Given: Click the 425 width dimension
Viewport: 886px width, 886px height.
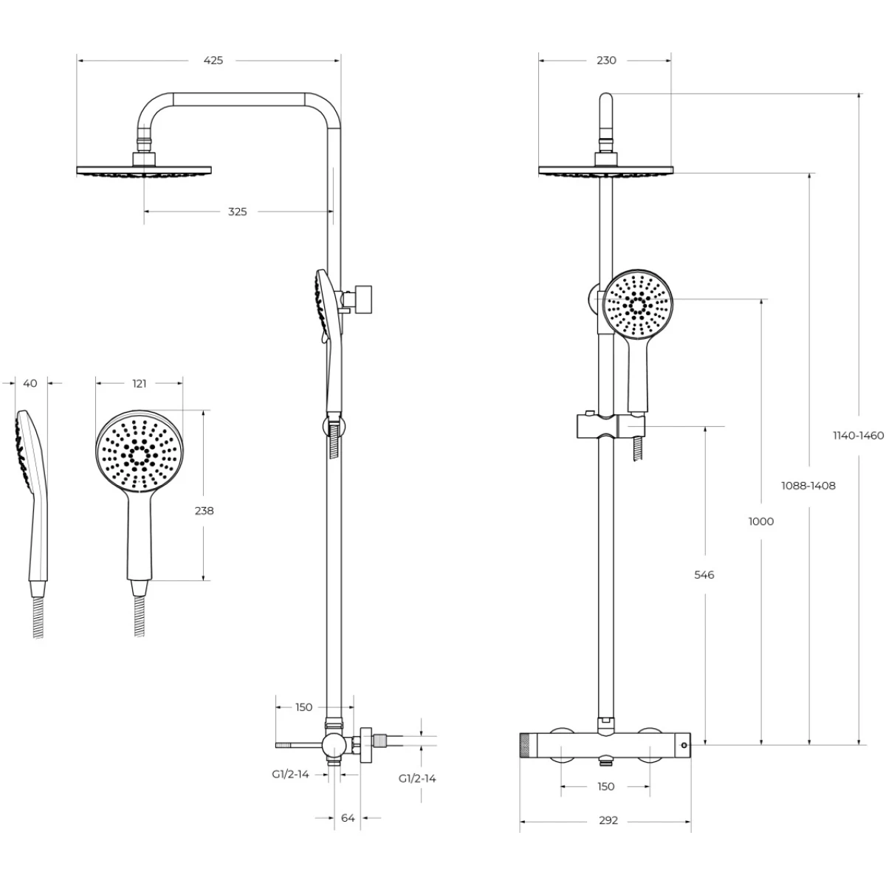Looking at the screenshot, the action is [213, 61].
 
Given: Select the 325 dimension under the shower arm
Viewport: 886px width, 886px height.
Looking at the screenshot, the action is [237, 212].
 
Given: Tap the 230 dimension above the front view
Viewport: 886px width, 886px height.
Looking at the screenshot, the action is [606, 61].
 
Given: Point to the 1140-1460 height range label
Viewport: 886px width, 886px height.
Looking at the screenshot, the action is [859, 436].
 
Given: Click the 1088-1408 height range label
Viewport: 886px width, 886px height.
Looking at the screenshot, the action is [808, 486].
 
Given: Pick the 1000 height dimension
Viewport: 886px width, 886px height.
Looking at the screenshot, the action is [761, 521].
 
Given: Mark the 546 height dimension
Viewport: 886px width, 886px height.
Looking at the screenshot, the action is [704, 574].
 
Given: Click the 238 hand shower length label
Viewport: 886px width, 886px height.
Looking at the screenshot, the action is [204, 511].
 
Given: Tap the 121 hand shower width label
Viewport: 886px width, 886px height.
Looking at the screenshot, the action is [140, 383].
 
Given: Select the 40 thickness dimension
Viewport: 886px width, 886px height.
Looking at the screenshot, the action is [30, 383].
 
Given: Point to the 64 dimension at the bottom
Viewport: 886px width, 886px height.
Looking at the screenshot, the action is [348, 818].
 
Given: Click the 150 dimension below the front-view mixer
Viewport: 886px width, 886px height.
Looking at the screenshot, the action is [605, 786].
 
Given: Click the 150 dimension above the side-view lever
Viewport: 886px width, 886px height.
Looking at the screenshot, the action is [303, 707].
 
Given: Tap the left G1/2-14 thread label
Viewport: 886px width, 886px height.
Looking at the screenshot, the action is [291, 775].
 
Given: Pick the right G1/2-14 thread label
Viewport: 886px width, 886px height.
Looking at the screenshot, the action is [417, 778].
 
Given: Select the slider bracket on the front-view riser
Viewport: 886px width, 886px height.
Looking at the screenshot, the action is [611, 425].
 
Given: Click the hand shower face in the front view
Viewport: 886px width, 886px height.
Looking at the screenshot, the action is [638, 305].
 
